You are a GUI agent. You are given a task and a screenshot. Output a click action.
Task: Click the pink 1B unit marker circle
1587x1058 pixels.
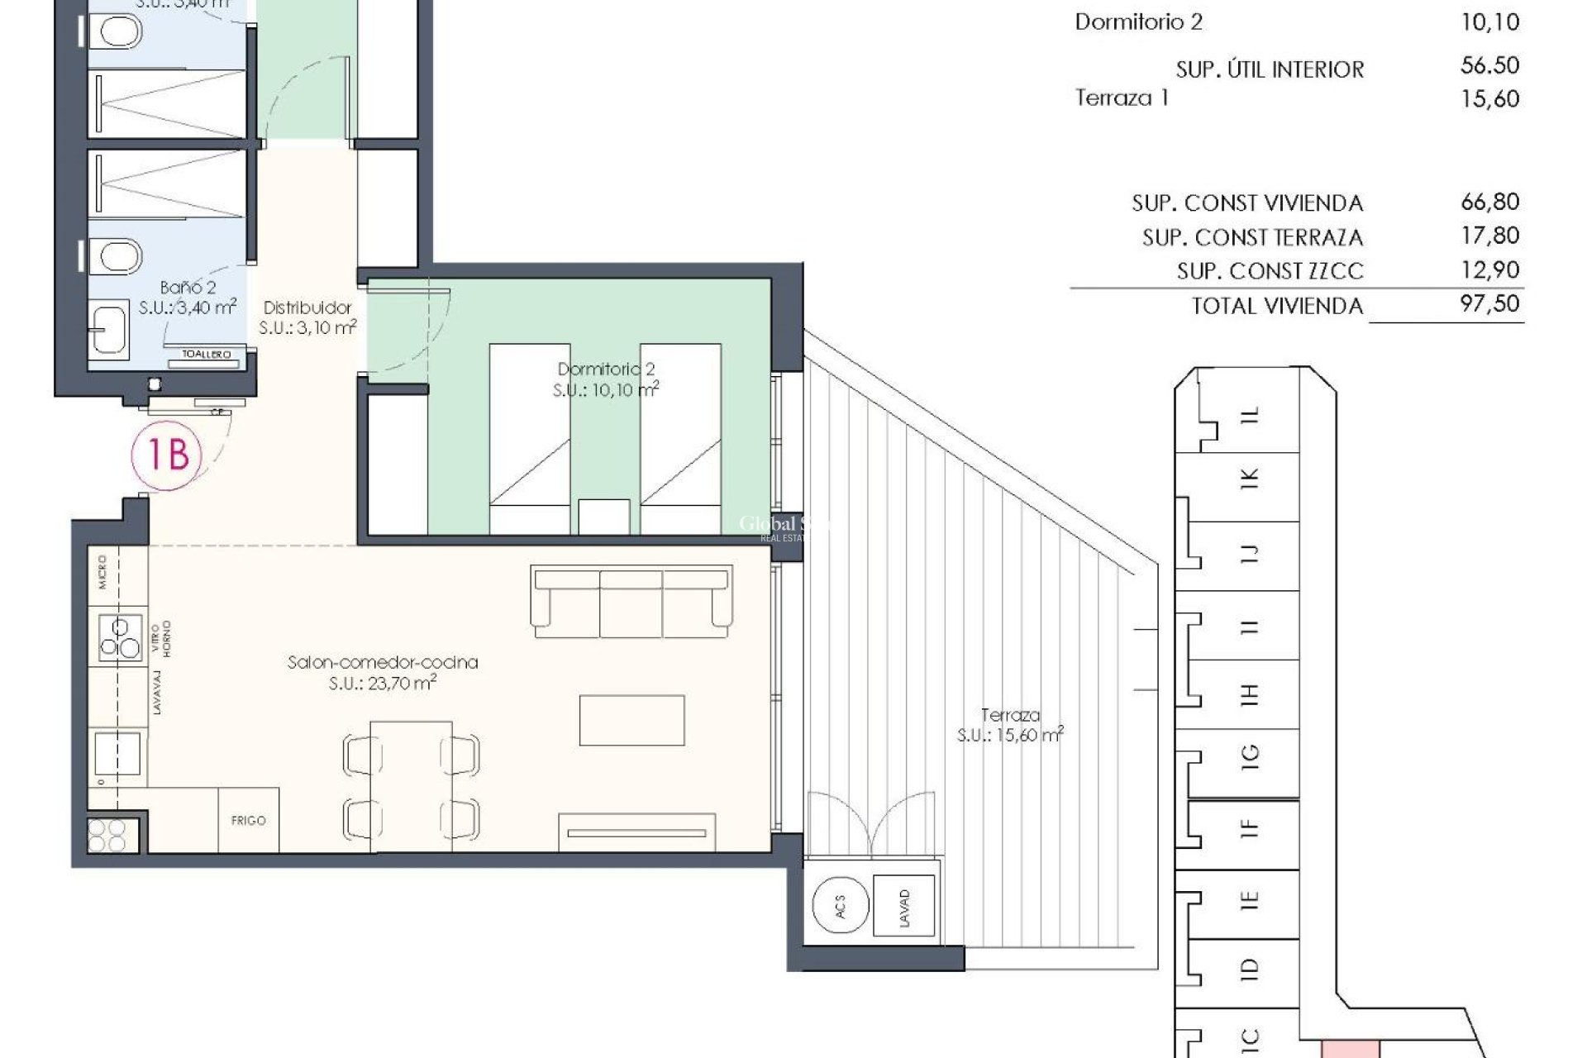click(167, 455)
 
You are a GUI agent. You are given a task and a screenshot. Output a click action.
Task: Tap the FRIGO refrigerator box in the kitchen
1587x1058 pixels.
click(248, 820)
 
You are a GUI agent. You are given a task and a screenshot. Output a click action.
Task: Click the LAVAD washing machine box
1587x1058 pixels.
click(904, 908)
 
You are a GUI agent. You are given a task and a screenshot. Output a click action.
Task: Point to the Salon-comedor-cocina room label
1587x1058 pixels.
click(383, 663)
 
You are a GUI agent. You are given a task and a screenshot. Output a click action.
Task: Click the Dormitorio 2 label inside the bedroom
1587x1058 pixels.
click(606, 369)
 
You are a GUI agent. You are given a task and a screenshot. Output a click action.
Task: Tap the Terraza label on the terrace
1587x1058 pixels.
click(1010, 715)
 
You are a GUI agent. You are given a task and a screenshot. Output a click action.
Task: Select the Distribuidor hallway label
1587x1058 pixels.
click(307, 307)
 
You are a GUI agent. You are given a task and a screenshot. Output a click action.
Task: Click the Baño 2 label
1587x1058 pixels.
click(188, 288)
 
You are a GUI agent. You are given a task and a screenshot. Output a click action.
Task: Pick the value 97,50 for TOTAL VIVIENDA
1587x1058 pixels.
click(1489, 303)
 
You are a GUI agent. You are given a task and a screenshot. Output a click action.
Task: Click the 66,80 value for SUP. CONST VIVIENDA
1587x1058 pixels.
click(1489, 202)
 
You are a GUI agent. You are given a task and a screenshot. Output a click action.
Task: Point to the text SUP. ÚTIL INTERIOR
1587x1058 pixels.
click(1270, 69)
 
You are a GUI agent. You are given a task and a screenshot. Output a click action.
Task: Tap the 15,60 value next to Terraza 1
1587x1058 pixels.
click(1489, 99)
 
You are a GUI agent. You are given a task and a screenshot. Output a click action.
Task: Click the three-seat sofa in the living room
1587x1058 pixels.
click(632, 602)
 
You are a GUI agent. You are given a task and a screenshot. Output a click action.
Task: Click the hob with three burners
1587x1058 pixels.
click(121, 638)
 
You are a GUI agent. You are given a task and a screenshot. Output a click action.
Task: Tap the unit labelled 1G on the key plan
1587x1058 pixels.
click(1250, 754)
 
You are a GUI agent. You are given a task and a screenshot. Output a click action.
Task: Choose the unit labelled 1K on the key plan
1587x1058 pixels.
click(1250, 477)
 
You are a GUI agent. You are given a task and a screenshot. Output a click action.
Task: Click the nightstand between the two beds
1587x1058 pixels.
click(603, 517)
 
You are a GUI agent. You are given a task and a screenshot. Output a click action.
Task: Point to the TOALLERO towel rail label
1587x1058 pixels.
click(207, 355)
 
